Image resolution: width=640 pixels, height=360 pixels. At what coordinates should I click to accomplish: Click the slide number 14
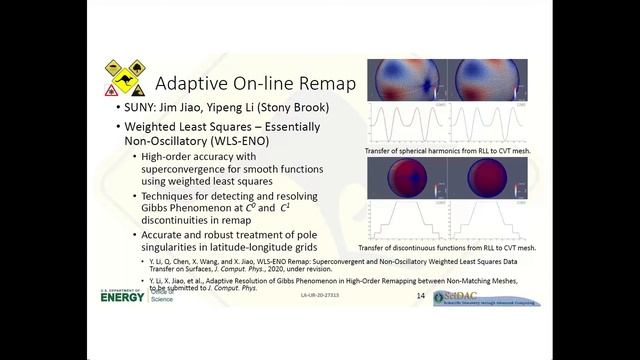pos(420,297)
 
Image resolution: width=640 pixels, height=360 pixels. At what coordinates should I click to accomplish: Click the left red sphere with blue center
pos(405,178)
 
